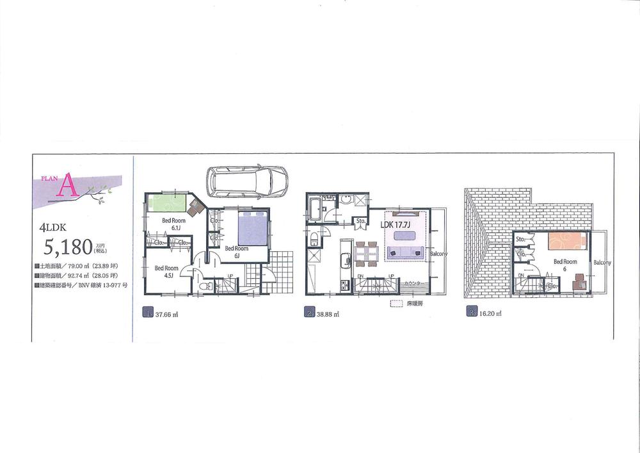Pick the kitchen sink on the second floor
tap(344, 259)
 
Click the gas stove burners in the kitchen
tap(344, 284)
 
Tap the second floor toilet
tap(315, 239)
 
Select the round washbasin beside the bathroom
tap(346, 201)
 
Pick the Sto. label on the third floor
tap(521, 240)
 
